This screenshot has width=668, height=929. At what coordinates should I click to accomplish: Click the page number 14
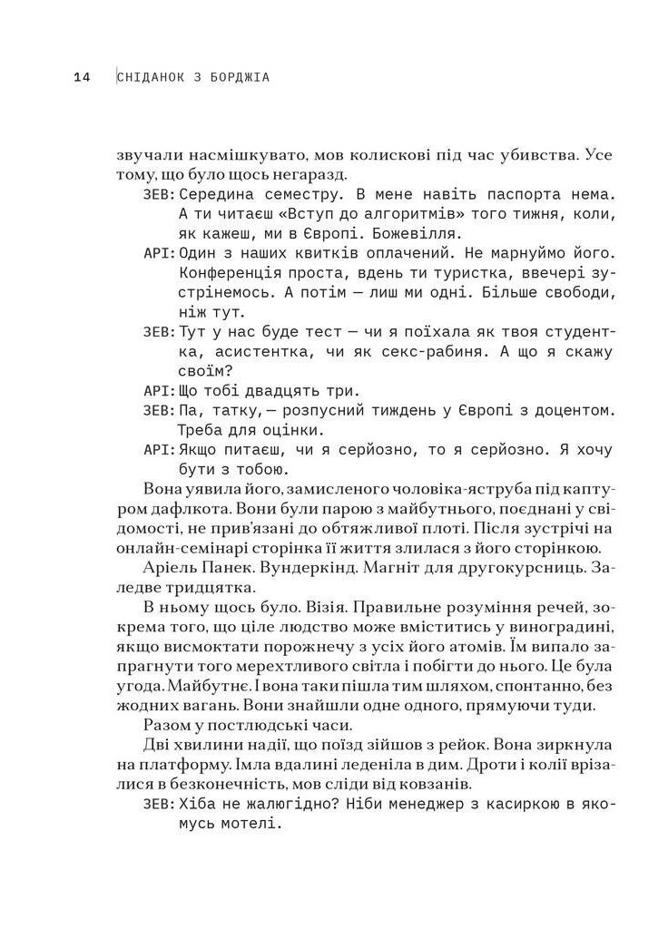(x=82, y=78)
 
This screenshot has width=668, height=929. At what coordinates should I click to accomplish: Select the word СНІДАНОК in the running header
(x=158, y=78)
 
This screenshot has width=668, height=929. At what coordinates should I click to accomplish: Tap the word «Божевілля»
(x=371, y=237)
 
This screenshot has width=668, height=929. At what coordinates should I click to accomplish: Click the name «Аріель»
(x=172, y=570)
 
